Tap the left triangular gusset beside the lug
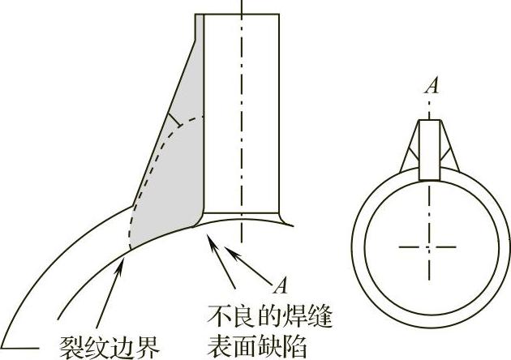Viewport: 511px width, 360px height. (412, 158)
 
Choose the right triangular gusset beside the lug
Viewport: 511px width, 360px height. (449, 158)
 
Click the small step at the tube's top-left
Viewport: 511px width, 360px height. (199, 28)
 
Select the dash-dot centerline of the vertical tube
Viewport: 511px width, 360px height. (242, 122)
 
